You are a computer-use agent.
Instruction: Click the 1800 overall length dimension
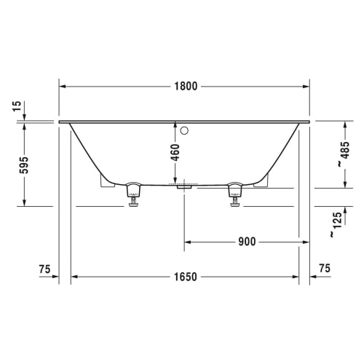pyautogui.click(x=186, y=87)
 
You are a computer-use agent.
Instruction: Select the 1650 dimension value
pyautogui.click(x=186, y=277)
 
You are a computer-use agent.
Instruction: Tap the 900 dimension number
pyautogui.click(x=247, y=242)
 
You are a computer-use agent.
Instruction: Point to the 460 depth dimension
pyautogui.click(x=175, y=152)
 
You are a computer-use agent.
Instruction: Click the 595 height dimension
pyautogui.click(x=24, y=165)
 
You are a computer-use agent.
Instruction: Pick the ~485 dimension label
pyautogui.click(x=344, y=154)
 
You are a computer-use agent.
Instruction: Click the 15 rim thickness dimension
pyautogui.click(x=17, y=106)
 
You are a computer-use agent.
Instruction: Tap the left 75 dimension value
pyautogui.click(x=44, y=269)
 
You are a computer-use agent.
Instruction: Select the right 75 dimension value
pyautogui.click(x=325, y=268)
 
